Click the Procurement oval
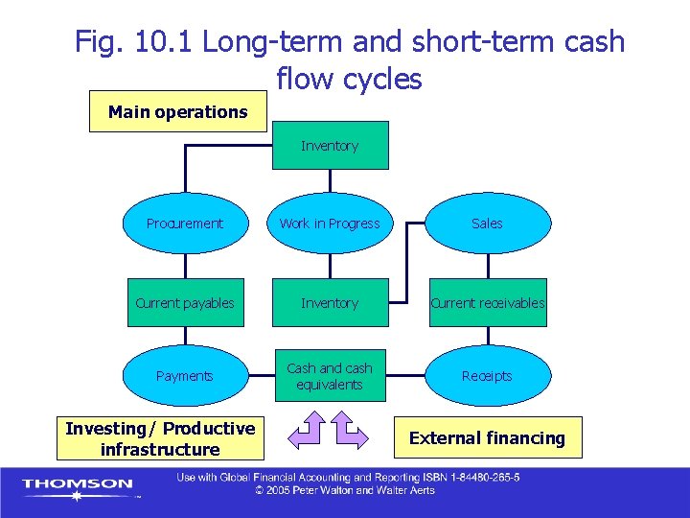tap(184, 224)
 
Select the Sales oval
tap(487, 224)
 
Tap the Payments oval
tap(184, 376)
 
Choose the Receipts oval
tap(487, 376)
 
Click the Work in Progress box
tap(330, 224)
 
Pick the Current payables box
tap(184, 303)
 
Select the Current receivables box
tap(487, 303)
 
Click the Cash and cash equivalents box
tap(330, 376)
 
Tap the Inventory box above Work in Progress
tap(330, 146)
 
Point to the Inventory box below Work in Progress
tap(330, 303)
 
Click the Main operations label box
tap(177, 112)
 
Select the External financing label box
tap(487, 438)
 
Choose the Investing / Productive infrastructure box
tap(160, 438)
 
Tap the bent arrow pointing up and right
tap(351, 432)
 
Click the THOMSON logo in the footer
tap(78, 485)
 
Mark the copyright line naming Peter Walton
tap(344, 491)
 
